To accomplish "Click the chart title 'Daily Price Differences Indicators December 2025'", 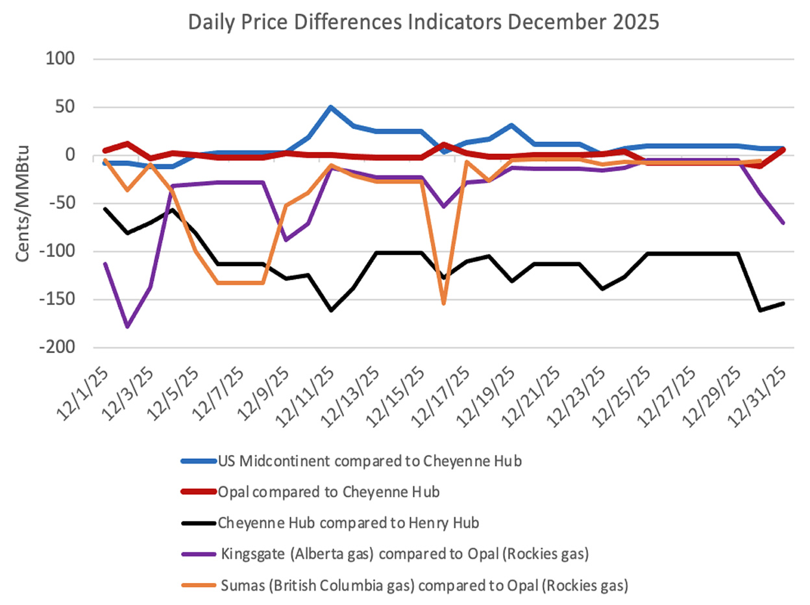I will coord(423,22).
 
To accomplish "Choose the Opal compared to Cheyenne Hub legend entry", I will coord(329,491).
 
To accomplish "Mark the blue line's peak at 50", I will coord(330,107).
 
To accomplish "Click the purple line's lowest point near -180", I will coord(128,327).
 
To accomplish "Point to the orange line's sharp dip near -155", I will coord(444,303).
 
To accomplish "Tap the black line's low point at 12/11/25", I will coord(330,310).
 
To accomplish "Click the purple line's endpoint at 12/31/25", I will coord(782,223).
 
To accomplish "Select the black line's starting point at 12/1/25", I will coord(105,208).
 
